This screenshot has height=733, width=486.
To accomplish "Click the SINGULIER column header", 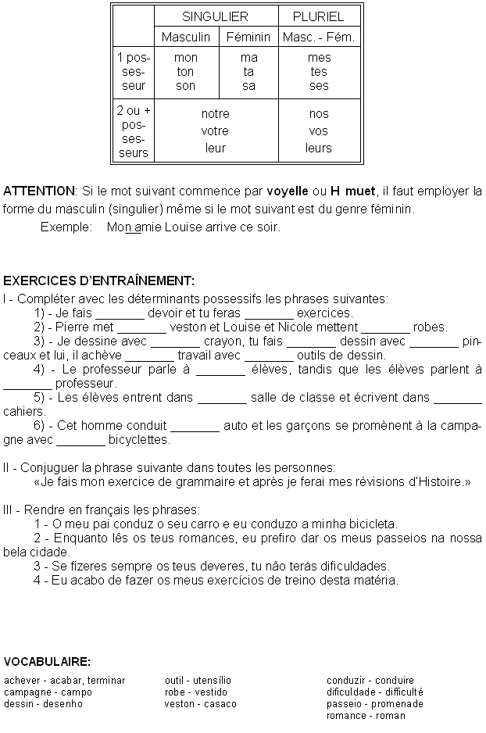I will (x=215, y=16).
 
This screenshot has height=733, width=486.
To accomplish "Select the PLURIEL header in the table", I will (x=318, y=16).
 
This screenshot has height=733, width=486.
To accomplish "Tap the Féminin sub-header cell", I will (x=248, y=37).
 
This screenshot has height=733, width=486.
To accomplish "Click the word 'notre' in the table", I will (x=215, y=114).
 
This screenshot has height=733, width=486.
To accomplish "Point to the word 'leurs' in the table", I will (x=319, y=148).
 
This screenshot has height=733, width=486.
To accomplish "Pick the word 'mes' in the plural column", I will (x=319, y=58).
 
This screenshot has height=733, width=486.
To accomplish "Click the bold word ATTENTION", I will (x=39, y=191).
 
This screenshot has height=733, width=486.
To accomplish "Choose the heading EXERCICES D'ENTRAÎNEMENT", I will (x=99, y=281).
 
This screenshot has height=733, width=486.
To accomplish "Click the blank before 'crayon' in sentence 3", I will (x=175, y=342).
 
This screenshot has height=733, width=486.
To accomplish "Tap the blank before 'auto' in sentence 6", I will (x=195, y=427).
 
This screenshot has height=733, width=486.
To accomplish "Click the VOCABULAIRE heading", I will (x=47, y=662).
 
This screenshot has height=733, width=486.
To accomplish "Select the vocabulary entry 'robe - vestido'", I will (x=196, y=692).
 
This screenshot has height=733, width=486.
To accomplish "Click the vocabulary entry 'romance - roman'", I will (x=366, y=716).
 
